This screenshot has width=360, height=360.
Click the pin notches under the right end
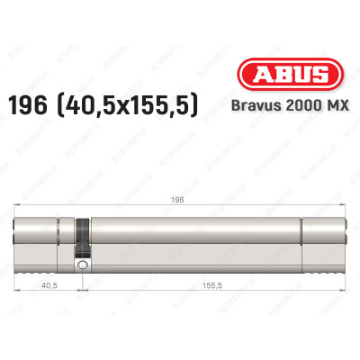(324, 268)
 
